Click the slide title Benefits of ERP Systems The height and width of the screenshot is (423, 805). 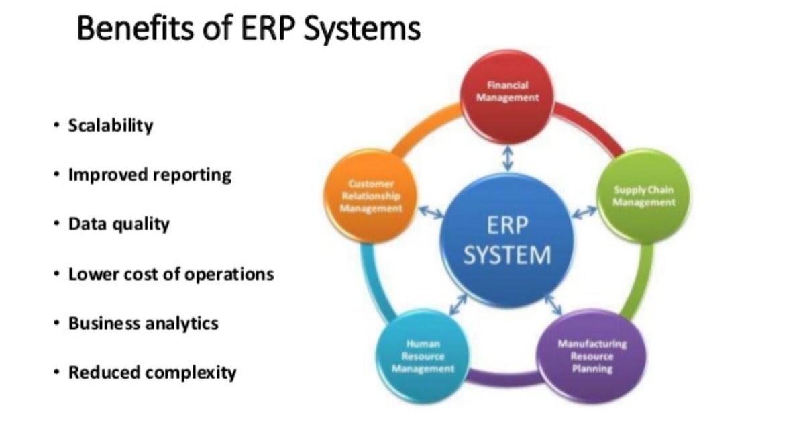click(x=249, y=29)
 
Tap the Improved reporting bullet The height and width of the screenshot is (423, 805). click(x=150, y=175)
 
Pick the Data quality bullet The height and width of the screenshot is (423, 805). click(x=119, y=224)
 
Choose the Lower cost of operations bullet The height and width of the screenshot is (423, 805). click(x=171, y=274)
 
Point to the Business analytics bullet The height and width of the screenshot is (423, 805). click(x=144, y=323)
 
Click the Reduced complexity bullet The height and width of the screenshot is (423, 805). click(x=152, y=373)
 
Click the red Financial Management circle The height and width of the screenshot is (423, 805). click(x=507, y=97)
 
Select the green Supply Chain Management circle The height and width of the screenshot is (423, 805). click(x=643, y=196)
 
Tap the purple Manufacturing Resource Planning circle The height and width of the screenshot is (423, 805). click(x=592, y=356)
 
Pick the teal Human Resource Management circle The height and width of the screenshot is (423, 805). click(x=423, y=356)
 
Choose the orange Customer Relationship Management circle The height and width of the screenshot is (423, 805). click(x=370, y=196)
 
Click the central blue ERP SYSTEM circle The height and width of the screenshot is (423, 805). click(x=507, y=240)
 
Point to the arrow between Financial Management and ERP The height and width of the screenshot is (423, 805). click(x=507, y=158)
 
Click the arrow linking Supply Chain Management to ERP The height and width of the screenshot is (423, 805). click(x=584, y=212)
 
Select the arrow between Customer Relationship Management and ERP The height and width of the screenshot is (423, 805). click(x=431, y=212)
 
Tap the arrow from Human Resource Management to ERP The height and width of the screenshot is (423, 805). click(x=458, y=304)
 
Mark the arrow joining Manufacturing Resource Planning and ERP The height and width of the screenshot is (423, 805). click(x=553, y=304)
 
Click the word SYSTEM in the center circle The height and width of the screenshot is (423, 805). click(x=507, y=255)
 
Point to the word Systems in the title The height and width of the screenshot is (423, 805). click(x=362, y=29)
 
